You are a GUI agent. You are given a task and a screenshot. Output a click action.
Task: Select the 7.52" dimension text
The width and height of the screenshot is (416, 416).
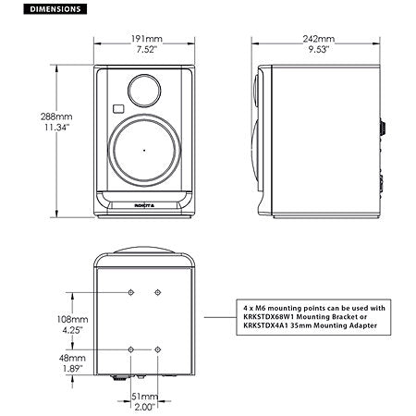click(x=143, y=52)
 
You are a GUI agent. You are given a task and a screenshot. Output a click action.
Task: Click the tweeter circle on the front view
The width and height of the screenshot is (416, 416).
click(x=143, y=90)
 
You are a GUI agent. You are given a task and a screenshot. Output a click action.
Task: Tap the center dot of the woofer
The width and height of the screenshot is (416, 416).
click(x=144, y=149)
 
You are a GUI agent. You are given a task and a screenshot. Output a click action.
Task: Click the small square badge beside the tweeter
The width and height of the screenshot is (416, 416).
click(x=117, y=110)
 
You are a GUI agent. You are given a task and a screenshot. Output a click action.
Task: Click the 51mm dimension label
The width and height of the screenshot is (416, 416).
click(x=144, y=396)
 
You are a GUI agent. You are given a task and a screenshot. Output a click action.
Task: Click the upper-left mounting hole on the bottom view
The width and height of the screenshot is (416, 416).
click(x=131, y=293)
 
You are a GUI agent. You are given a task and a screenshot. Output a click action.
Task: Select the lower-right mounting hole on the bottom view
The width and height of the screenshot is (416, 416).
click(x=158, y=349)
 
